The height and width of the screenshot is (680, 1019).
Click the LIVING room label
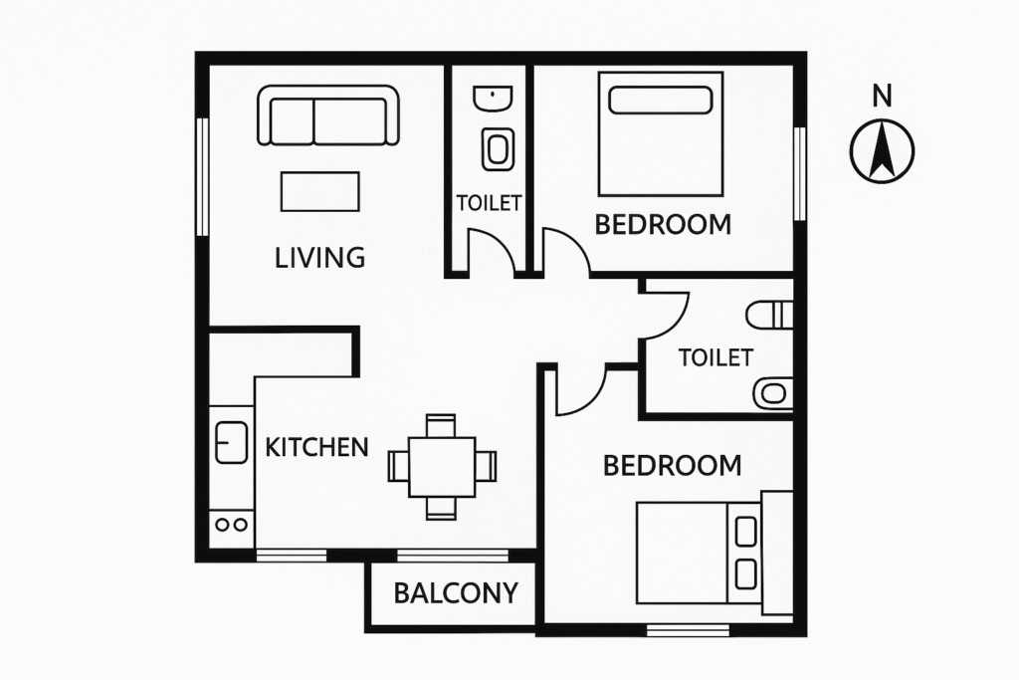319,258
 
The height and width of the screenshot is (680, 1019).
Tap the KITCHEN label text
316,447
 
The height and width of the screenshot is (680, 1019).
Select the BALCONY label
456,593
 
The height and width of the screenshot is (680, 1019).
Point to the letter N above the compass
882,97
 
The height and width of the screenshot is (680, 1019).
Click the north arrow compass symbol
882,151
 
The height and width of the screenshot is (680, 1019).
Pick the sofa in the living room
328,115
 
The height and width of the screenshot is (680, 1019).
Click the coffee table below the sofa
319,192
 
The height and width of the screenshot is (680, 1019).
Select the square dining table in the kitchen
442,467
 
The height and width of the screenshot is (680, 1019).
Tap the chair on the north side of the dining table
441,426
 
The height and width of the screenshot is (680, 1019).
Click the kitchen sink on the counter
231,442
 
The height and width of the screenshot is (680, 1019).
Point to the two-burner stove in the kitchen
231,524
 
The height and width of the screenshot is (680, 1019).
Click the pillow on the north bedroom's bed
661,101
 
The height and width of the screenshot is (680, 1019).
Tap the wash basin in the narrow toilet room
492,99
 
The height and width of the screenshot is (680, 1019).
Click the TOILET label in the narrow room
489,203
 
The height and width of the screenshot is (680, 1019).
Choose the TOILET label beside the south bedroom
715,357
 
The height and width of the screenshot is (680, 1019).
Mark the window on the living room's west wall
202,176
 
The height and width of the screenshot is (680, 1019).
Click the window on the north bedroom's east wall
800,173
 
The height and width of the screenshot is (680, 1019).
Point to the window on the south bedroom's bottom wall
688,629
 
